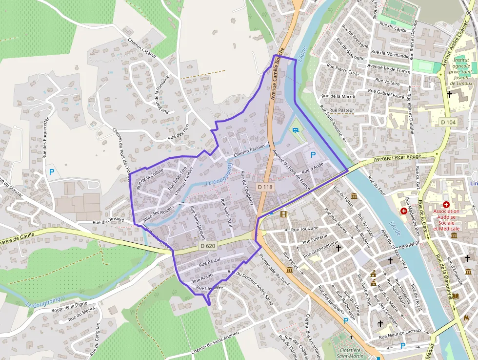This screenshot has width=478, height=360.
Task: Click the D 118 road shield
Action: (x=266, y=187)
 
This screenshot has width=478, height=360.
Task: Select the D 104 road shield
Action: (x=447, y=122)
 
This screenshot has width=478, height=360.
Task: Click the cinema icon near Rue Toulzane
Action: (x=283, y=213)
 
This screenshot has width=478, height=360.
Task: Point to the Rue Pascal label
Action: (x=210, y=263)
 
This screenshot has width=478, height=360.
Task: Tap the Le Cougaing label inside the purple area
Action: (x=220, y=177)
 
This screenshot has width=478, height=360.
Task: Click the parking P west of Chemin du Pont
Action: (x=52, y=172)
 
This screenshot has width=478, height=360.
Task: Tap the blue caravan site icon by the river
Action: (x=296, y=130)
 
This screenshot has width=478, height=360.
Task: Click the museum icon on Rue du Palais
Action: (x=354, y=196)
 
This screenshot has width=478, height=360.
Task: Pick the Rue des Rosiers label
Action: (x=108, y=221)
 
